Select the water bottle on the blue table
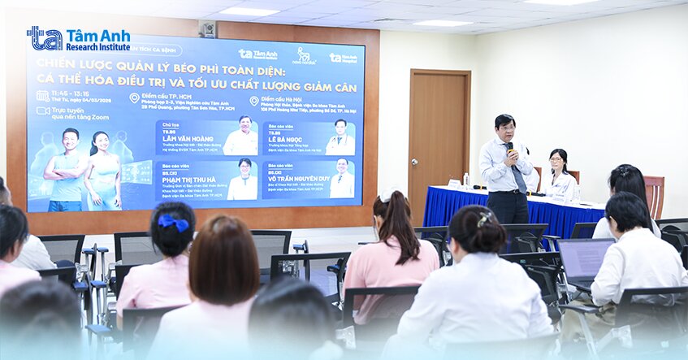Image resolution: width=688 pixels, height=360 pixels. [465, 179]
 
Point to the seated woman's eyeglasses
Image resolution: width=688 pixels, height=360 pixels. [556, 160]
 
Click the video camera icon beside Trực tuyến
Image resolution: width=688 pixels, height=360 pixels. [42, 111]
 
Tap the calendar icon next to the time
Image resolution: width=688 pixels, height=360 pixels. [42, 96]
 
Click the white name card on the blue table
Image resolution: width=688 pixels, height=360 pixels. [454, 184]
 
